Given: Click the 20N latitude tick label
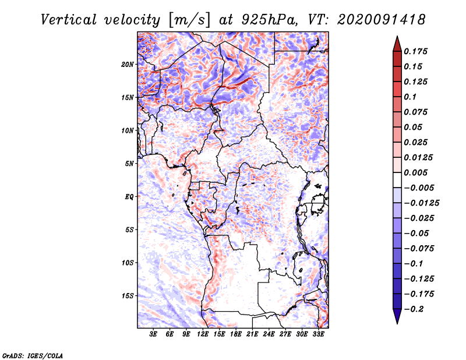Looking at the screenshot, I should (x=128, y=64).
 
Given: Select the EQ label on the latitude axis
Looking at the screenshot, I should (x=129, y=196).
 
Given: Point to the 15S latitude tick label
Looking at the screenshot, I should (x=128, y=295).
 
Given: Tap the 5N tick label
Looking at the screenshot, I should (x=129, y=163).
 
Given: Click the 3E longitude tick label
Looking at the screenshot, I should (x=154, y=334).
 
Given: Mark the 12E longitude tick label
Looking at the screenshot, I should (x=203, y=334).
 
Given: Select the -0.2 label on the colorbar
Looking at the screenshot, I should (x=414, y=309).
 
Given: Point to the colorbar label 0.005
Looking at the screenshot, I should (x=416, y=172).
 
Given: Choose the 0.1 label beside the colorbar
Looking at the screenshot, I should (x=410, y=97).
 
